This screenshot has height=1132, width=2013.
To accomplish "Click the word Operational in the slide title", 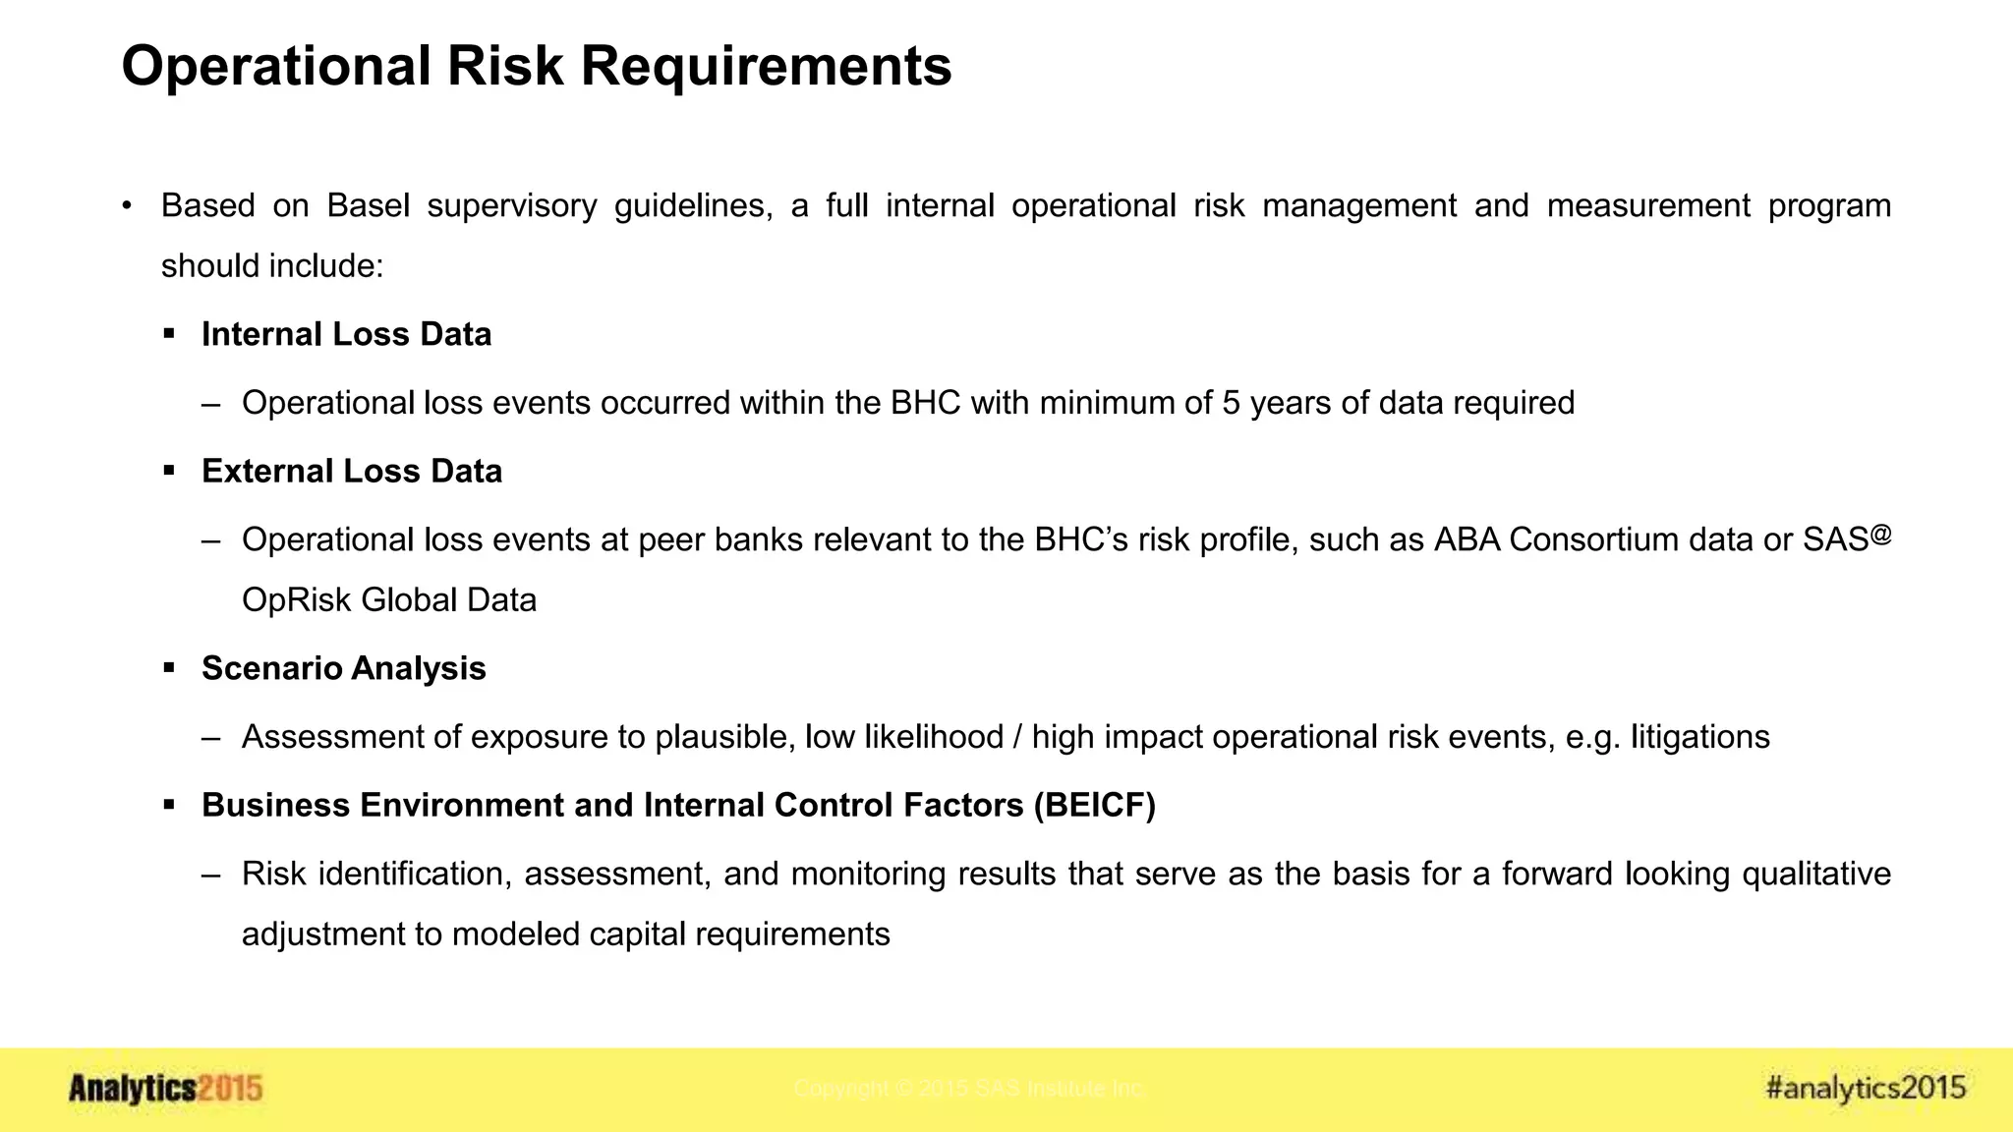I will [276, 67].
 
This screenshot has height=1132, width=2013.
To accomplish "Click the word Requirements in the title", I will [767, 67].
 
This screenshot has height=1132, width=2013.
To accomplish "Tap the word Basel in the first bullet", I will [368, 205].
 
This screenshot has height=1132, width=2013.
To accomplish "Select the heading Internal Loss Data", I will [346, 334].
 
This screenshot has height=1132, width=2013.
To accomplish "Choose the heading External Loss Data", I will [352, 471].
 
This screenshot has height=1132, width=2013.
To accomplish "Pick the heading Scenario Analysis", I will [344, 668].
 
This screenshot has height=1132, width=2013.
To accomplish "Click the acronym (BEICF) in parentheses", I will [1094, 805].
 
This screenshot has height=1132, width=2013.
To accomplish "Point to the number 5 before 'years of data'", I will [1231, 403].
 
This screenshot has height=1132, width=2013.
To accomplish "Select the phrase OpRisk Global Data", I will [389, 600].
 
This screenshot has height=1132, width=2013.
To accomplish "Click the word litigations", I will [1700, 737].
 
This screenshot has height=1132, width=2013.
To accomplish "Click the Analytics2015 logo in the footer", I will [165, 1089].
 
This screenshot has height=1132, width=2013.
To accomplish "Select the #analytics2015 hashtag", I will [1866, 1088].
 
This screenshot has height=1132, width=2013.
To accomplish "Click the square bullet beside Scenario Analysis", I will [169, 668].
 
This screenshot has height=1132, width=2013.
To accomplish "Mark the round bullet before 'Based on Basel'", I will [127, 205].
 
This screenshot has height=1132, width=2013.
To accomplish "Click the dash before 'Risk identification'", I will [210, 874].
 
